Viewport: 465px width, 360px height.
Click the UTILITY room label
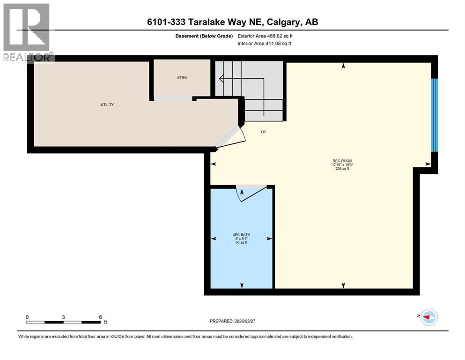(x=107, y=105)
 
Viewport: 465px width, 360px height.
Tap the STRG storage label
(x=182, y=78)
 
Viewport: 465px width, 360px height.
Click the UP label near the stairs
(x=264, y=132)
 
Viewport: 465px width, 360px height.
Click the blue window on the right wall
(x=434, y=115)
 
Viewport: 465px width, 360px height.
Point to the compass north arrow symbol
(x=428, y=317)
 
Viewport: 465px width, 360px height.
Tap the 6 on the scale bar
(x=100, y=317)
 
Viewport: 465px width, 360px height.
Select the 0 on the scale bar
(x=28, y=317)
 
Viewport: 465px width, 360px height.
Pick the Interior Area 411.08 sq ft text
(x=265, y=44)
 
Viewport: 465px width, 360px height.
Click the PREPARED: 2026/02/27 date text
(x=236, y=321)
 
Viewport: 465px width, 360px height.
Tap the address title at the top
(x=233, y=22)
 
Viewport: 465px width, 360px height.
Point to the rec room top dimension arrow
(x=344, y=67)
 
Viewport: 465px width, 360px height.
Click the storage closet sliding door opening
(x=173, y=98)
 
